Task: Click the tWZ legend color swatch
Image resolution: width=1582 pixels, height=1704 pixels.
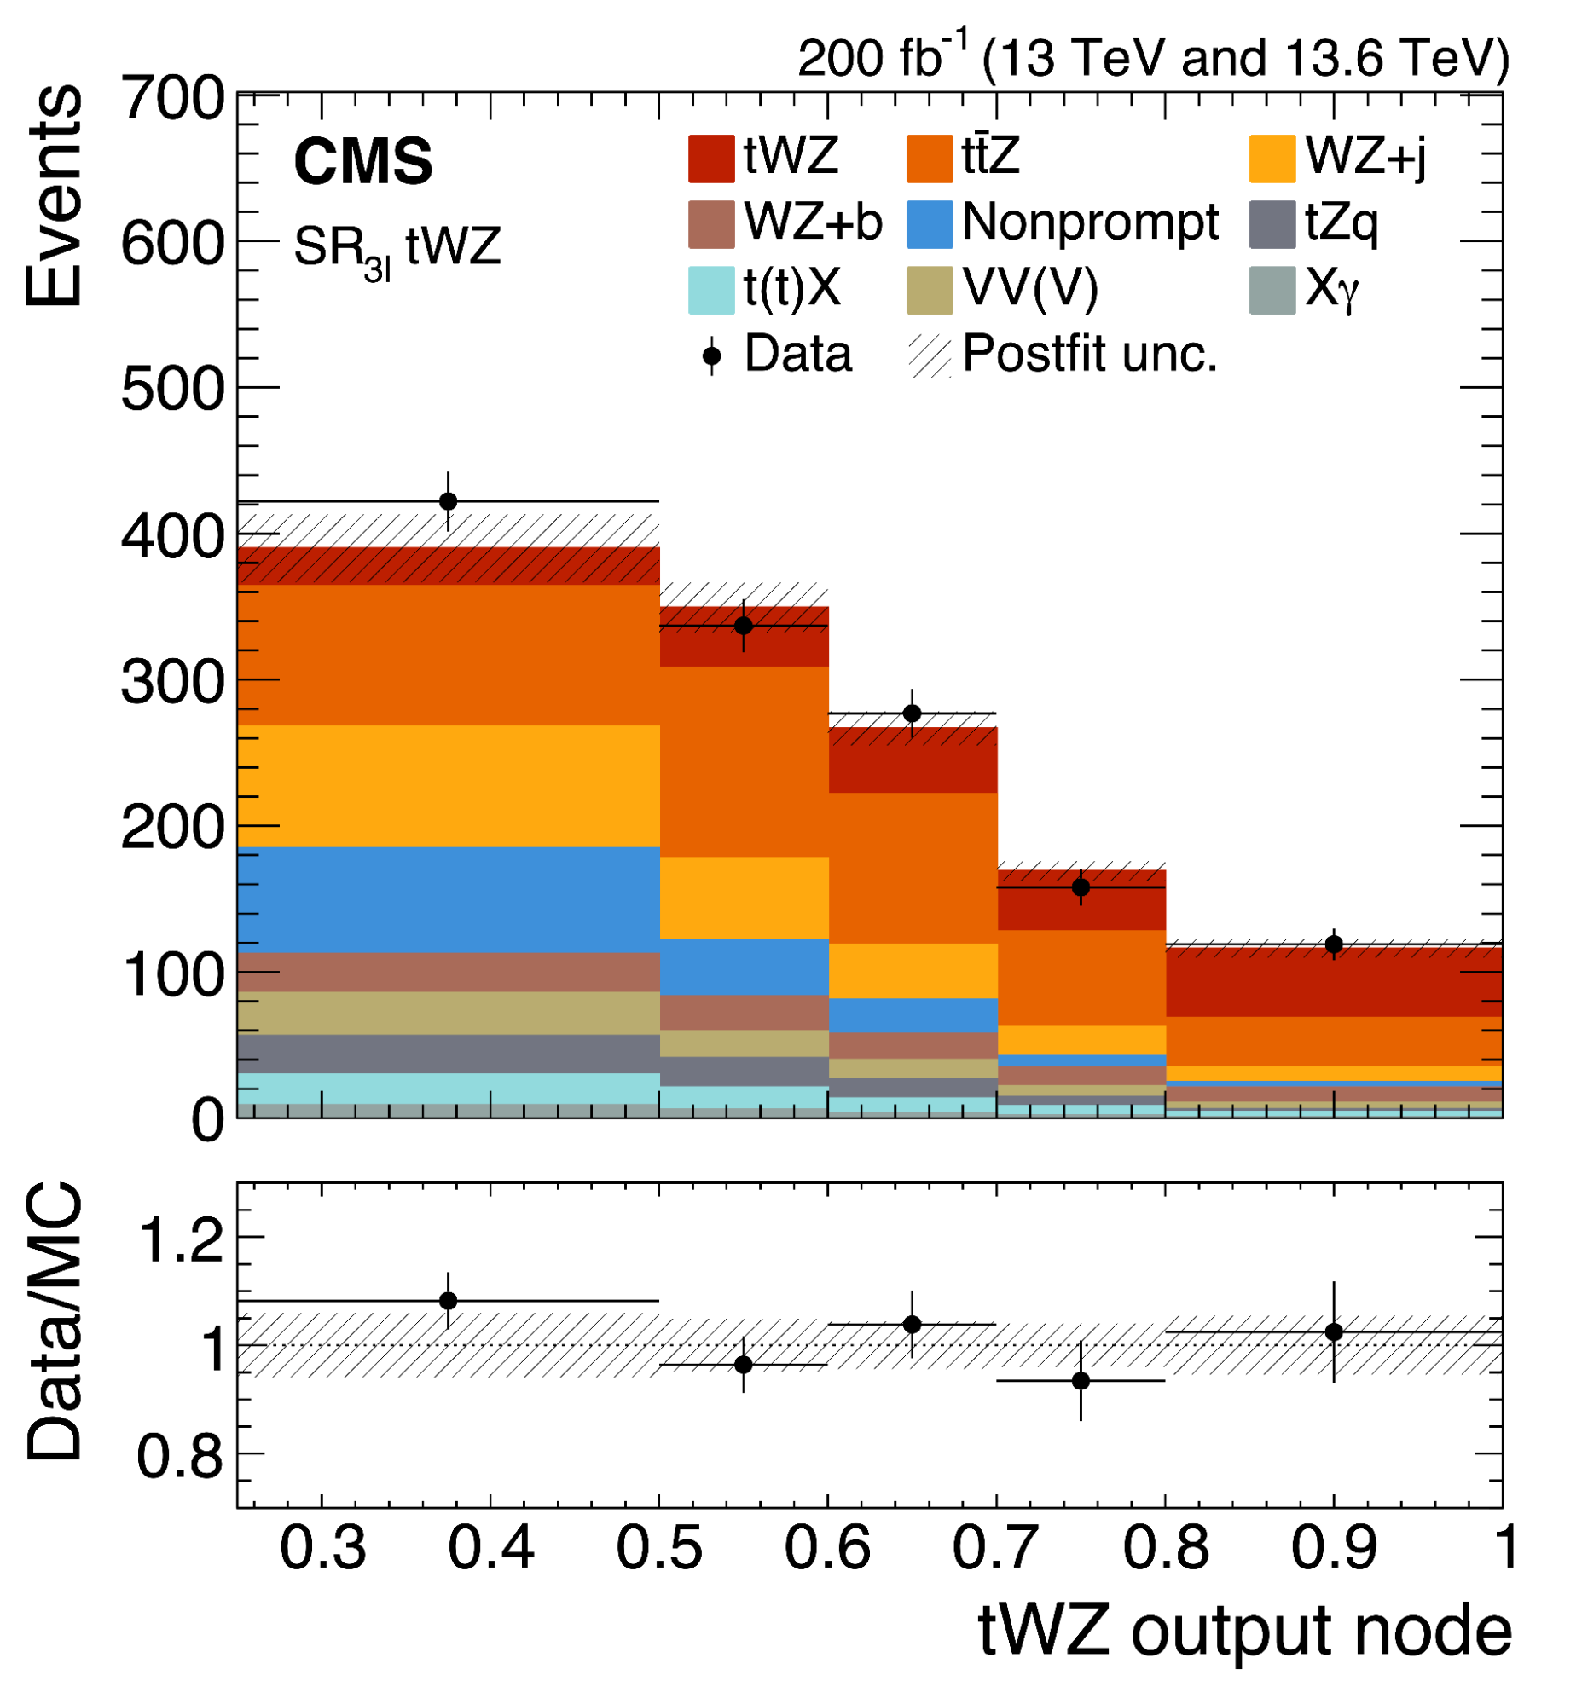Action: (x=710, y=159)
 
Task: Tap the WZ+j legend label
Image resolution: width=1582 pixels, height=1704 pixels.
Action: (x=1365, y=158)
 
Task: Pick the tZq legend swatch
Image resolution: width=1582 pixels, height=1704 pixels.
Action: (x=1272, y=225)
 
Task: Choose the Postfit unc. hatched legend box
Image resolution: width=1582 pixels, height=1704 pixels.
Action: (x=930, y=356)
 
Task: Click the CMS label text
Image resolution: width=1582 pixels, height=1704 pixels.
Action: (x=363, y=162)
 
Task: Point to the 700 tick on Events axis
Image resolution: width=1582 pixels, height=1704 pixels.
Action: (x=172, y=99)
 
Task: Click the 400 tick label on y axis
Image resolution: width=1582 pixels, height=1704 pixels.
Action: (x=172, y=538)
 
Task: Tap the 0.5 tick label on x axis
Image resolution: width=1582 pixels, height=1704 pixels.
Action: (x=659, y=1548)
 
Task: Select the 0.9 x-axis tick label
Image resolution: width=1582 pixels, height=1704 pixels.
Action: (x=1334, y=1548)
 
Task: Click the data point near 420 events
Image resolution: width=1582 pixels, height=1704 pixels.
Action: (x=448, y=501)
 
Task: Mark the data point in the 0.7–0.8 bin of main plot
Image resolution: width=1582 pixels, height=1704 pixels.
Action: (x=1081, y=887)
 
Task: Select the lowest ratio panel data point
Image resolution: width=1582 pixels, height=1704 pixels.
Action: (x=1081, y=1381)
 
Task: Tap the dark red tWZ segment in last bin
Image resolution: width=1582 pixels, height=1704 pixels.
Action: (x=1334, y=982)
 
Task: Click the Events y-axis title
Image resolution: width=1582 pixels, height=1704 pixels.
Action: (x=53, y=195)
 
